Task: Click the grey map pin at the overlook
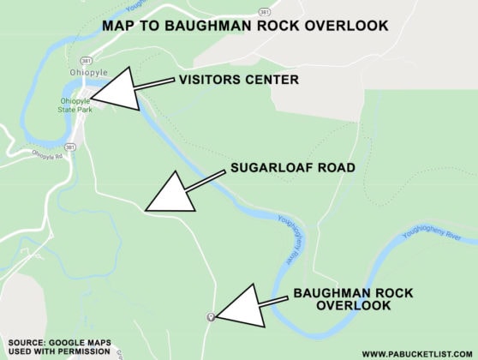pyautogui.click(x=211, y=317)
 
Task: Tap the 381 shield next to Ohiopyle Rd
pyautogui.click(x=70, y=147)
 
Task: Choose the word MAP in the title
pyautogui.click(x=120, y=26)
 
